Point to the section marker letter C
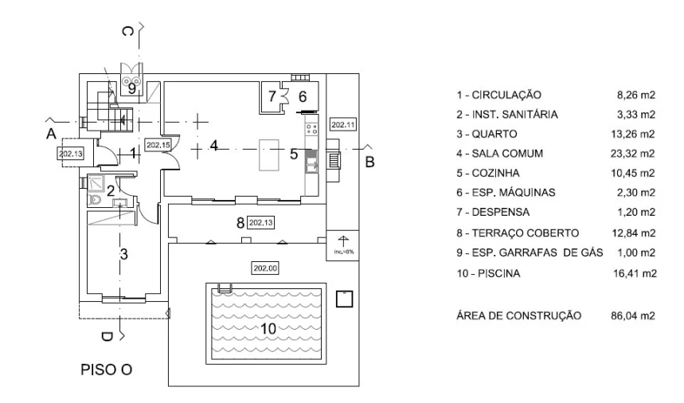tap(127, 31)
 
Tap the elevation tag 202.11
tap(343, 125)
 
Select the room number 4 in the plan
tap(213, 145)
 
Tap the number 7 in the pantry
tap(272, 96)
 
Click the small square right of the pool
tap(344, 299)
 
